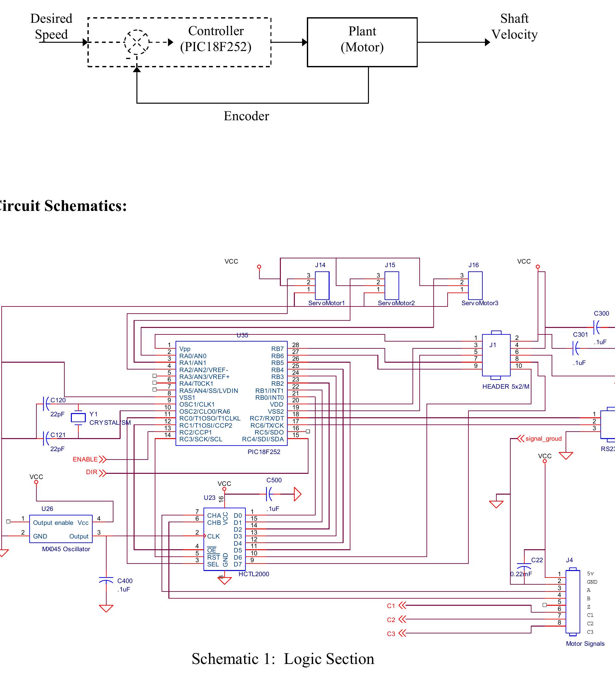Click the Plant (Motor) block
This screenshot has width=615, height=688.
(x=362, y=42)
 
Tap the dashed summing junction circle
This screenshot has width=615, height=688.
(x=137, y=42)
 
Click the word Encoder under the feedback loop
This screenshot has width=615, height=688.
(x=246, y=116)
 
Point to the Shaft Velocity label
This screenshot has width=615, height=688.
(x=514, y=27)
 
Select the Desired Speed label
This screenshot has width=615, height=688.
(x=51, y=27)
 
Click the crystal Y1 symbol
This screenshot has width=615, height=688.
(x=78, y=418)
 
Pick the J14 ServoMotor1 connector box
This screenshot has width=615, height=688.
(x=322, y=285)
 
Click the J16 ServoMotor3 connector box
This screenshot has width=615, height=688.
(x=475, y=285)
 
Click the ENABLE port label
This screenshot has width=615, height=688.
(x=85, y=459)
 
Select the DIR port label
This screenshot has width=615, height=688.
(x=92, y=472)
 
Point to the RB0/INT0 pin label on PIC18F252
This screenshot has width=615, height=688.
(x=269, y=397)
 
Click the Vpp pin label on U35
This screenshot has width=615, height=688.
(x=185, y=349)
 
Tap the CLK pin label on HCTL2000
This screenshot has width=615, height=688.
(x=213, y=536)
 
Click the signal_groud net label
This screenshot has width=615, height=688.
(x=543, y=439)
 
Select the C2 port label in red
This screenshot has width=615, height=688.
(x=391, y=620)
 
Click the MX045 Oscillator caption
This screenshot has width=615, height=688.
(x=66, y=549)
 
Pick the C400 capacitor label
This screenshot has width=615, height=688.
(x=125, y=581)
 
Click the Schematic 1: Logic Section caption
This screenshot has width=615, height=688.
(x=283, y=659)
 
